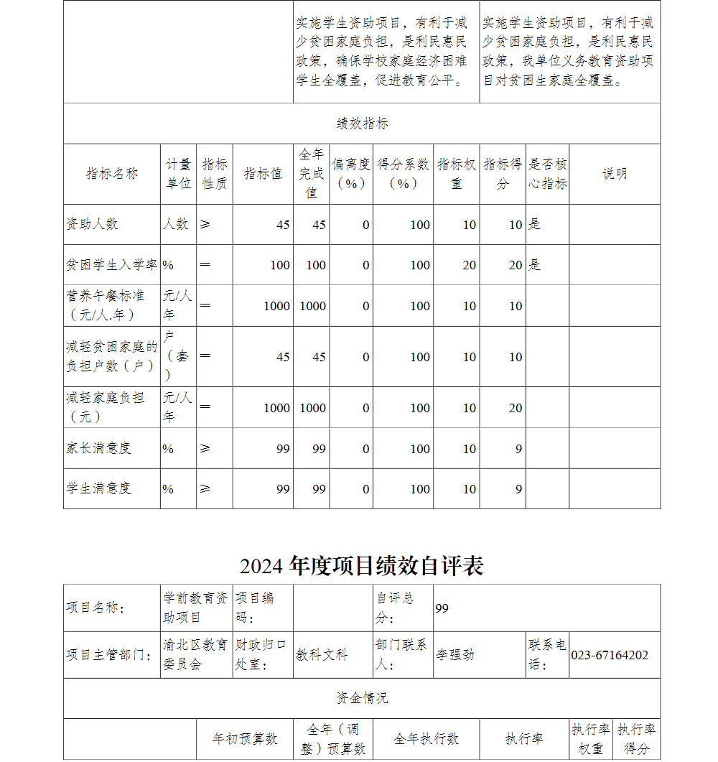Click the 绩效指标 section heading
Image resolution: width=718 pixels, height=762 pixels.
point(362,124)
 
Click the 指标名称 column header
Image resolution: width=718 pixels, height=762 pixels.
point(111,174)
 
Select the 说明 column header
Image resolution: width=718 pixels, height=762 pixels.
point(614,174)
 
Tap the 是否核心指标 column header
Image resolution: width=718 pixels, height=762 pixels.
point(547,174)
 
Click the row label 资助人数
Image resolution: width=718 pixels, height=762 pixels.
point(92,224)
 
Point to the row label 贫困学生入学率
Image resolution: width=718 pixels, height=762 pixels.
point(111,265)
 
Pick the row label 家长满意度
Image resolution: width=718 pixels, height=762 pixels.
point(98,448)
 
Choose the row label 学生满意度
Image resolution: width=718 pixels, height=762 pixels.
point(98,488)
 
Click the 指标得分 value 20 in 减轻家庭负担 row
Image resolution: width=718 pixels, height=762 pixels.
point(516,408)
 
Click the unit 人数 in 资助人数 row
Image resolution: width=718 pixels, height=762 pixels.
point(175,224)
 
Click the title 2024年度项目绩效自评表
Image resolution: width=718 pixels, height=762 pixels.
point(362,566)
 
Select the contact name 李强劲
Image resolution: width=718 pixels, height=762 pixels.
point(454,655)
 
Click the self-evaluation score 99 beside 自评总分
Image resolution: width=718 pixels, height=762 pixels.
point(442,608)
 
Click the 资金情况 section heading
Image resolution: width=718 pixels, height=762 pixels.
point(362,698)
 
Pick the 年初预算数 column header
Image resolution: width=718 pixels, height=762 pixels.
point(245,739)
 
